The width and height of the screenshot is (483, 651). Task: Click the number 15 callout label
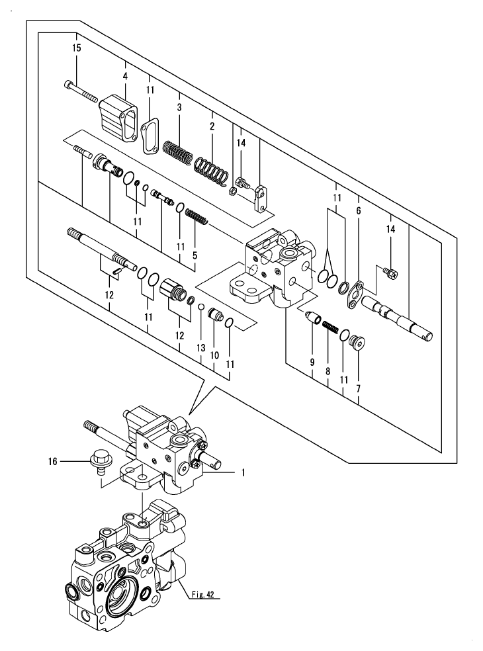pos(77,49)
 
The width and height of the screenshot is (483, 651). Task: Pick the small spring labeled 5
pos(192,216)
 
